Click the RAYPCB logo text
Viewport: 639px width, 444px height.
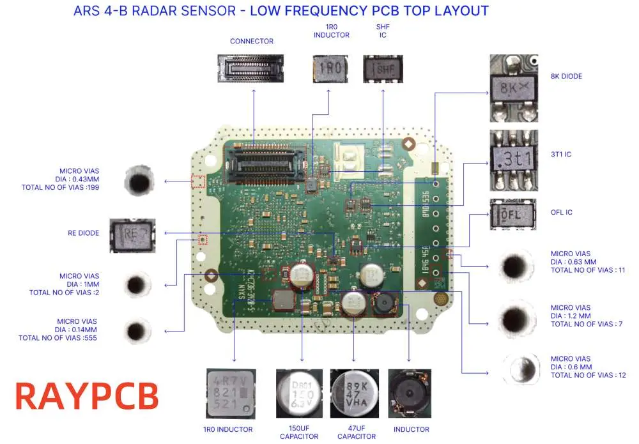click(86, 395)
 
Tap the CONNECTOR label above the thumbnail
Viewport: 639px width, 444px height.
click(252, 42)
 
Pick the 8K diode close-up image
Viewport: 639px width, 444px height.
click(514, 88)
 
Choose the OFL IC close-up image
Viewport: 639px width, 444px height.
click(514, 214)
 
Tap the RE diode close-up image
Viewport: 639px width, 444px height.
click(133, 234)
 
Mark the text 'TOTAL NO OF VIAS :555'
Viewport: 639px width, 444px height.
click(58, 338)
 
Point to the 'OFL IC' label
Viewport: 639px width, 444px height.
click(562, 212)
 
